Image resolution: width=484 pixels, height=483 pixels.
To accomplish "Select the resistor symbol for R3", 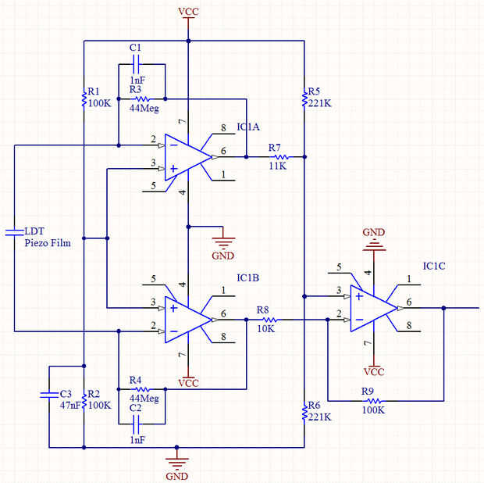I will click(x=142, y=99).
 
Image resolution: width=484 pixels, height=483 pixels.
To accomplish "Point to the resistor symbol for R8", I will click(x=269, y=320).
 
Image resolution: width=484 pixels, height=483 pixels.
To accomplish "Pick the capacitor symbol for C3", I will click(x=49, y=394).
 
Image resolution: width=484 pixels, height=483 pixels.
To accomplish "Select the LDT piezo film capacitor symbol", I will click(x=14, y=231).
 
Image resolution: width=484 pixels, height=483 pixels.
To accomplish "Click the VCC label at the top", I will click(x=188, y=11).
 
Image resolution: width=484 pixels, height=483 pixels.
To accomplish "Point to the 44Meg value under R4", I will click(x=144, y=399).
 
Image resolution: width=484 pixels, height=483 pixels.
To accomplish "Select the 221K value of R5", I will click(x=320, y=102).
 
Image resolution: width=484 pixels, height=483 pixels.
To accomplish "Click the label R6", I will click(x=315, y=405).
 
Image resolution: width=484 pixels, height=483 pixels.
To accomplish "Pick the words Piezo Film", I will click(x=48, y=243).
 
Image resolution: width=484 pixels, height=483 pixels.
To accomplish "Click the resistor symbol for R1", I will click(x=84, y=98).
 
